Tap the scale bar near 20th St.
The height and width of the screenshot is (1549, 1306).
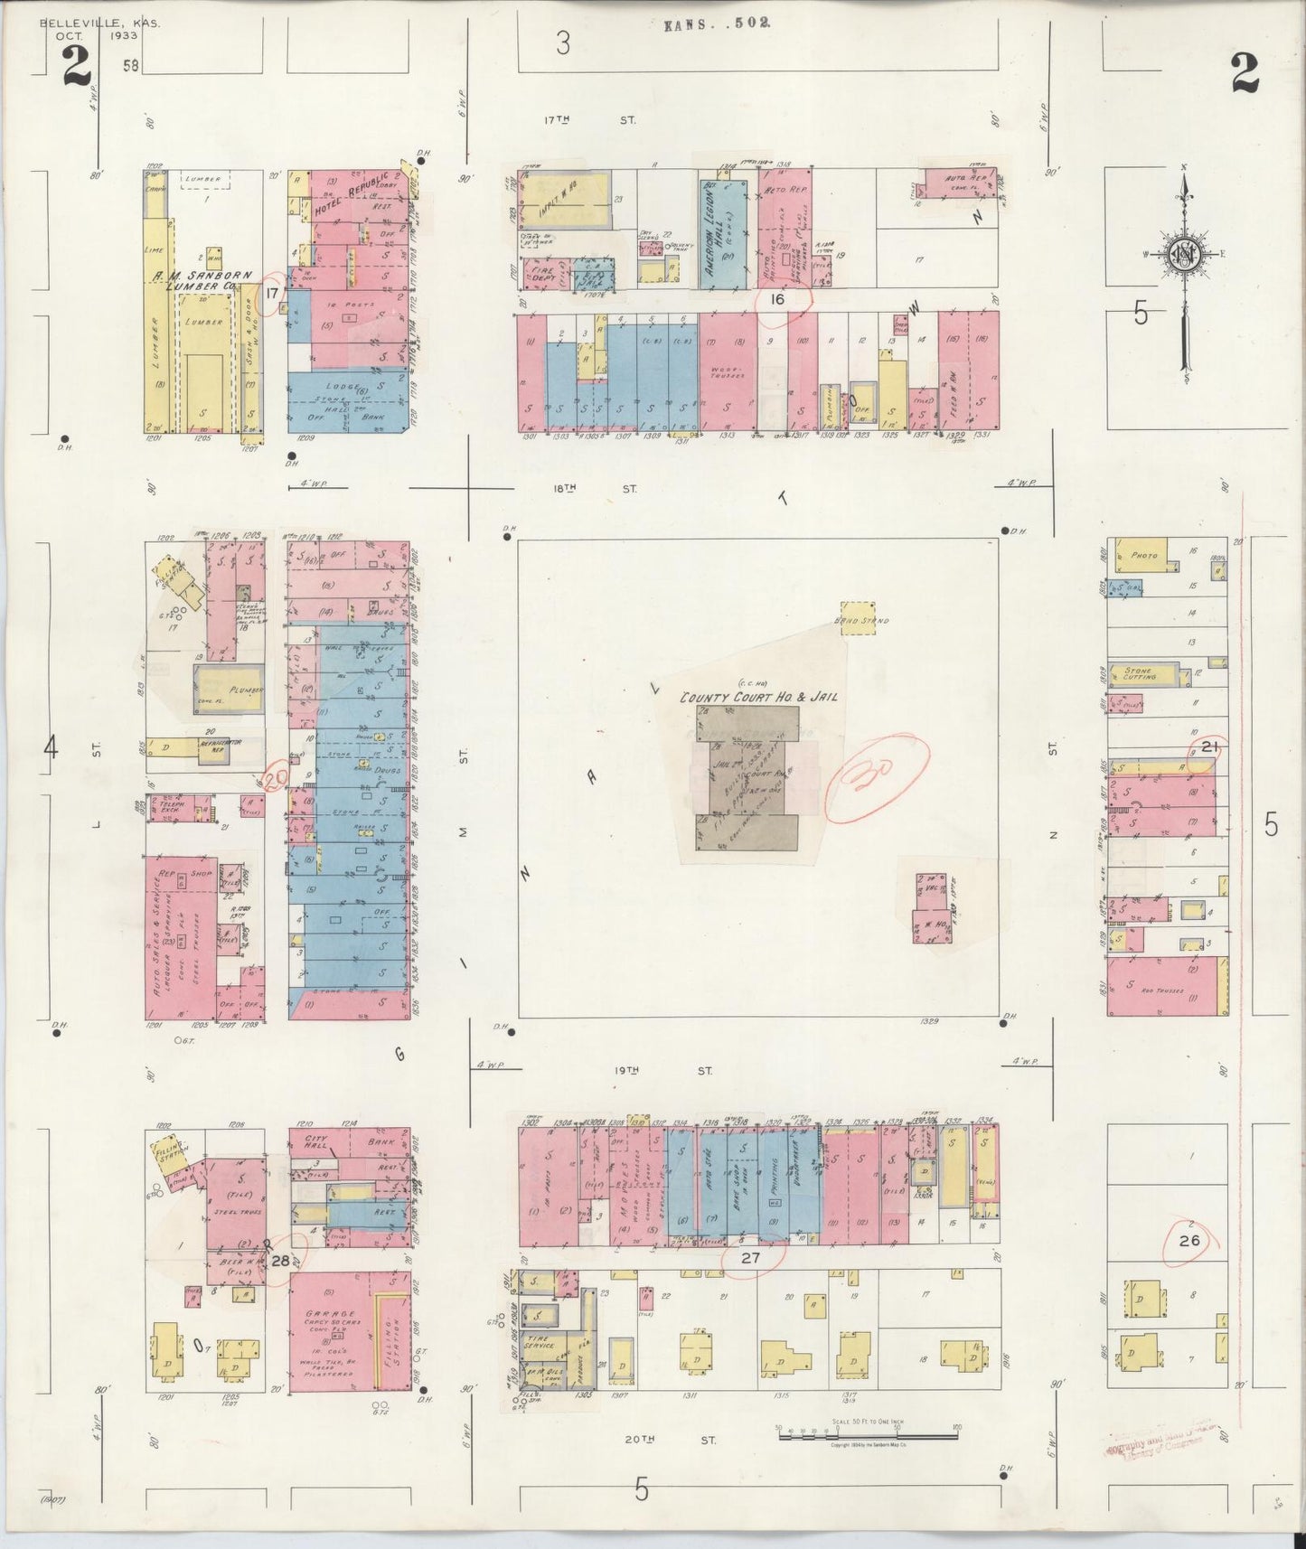pyautogui.click(x=867, y=1433)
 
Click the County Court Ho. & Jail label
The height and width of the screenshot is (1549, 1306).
pyautogui.click(x=758, y=697)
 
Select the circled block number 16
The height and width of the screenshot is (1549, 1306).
pyautogui.click(x=776, y=299)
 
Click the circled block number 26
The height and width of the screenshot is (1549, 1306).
pyautogui.click(x=1189, y=1241)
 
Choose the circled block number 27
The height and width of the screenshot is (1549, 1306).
pyautogui.click(x=750, y=1256)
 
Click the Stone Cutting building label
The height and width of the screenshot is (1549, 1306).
pyautogui.click(x=1138, y=675)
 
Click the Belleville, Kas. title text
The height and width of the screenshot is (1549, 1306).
pyautogui.click(x=99, y=23)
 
